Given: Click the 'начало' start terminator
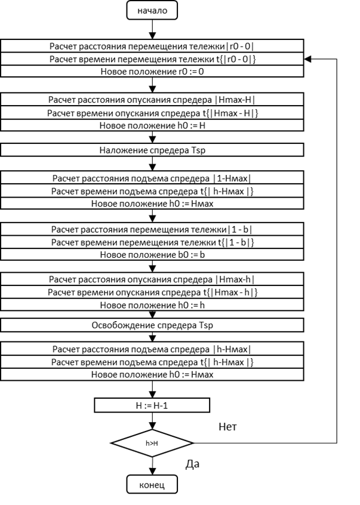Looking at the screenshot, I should click(152, 10).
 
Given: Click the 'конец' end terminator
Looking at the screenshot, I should click(152, 484).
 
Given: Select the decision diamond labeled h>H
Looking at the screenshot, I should click(152, 443).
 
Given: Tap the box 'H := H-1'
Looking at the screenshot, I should click(152, 406).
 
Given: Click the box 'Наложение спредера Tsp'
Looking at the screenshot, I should click(152, 149).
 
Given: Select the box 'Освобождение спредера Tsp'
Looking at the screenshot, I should click(152, 325).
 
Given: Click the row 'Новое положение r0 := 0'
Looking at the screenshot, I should click(152, 71).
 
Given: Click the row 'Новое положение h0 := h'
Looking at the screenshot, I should click(152, 305).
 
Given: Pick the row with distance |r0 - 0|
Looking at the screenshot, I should click(152, 47).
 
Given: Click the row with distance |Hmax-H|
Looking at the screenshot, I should click(152, 100).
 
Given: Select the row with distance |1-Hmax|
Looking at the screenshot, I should click(152, 178).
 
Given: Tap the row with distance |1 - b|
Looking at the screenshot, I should click(152, 230).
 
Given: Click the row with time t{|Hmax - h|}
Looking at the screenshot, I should click(152, 292).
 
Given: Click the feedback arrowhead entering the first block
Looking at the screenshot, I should click(308, 59).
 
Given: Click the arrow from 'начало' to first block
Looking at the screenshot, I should click(152, 29).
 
